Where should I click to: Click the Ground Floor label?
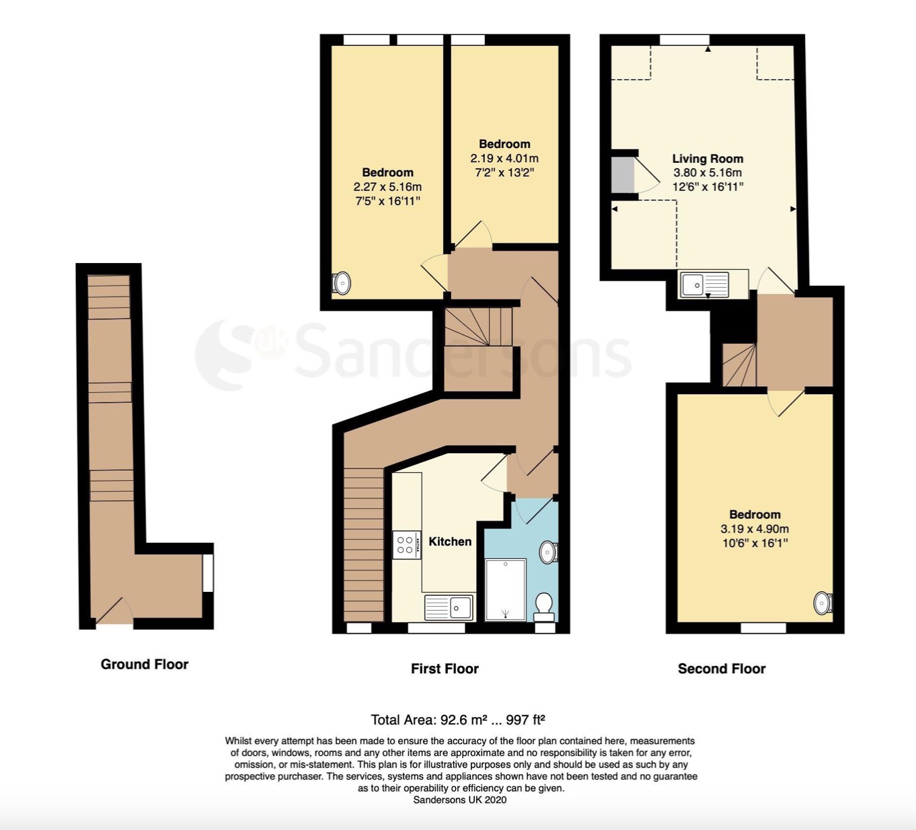[145, 664]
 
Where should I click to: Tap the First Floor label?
[445, 669]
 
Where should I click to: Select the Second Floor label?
[722, 669]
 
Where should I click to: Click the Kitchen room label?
[450, 541]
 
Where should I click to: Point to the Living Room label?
[708, 159]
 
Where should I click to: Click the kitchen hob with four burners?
[406, 545]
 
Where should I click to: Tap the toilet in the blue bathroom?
[544, 607]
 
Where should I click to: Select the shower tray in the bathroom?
[506, 590]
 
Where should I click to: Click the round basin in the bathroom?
[548, 552]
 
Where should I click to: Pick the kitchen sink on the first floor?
[449, 607]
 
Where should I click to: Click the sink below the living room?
[704, 285]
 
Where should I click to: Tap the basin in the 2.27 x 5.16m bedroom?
[341, 283]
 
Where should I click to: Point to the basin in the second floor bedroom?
[823, 603]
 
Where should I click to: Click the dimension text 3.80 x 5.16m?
[708, 173]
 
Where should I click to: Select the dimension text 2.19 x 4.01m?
[504, 159]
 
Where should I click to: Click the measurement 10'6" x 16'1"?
[755, 543]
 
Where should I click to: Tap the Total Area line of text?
[458, 720]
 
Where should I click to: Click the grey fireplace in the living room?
[623, 175]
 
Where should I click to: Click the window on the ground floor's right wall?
[208, 573]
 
